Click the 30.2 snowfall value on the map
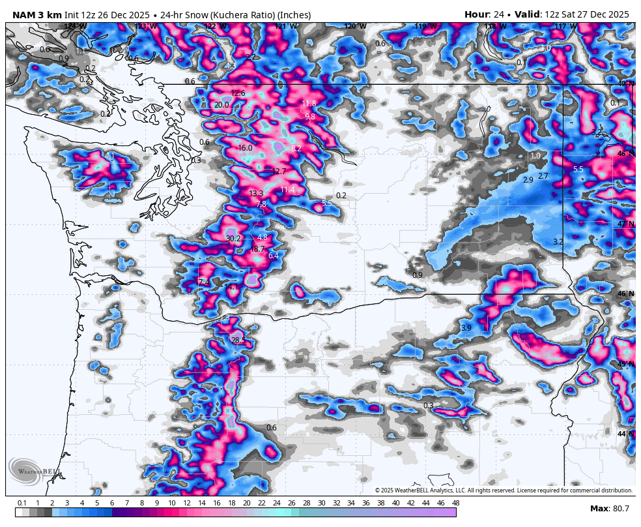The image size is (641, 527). tap(233, 239)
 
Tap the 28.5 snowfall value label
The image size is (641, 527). tap(238, 340)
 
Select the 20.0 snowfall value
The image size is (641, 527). tap(221, 105)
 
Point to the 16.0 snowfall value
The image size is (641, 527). tap(245, 148)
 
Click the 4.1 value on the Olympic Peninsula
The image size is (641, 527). tap(109, 157)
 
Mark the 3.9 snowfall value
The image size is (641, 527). tap(466, 328)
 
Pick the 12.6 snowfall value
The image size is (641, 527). tap(238, 93)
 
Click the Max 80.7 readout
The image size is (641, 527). tap(610, 509)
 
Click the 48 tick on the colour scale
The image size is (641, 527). tap(455, 503)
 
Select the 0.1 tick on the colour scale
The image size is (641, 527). tap(21, 503)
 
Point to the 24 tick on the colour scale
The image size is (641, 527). tap(276, 503)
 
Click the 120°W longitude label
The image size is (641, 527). tap(355, 27)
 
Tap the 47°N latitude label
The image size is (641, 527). tap(625, 224)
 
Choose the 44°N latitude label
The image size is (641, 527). tap(625, 434)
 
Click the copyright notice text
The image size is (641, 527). tap(504, 490)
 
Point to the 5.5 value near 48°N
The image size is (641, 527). tap(578, 170)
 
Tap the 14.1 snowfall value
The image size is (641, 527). tap(231, 287)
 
